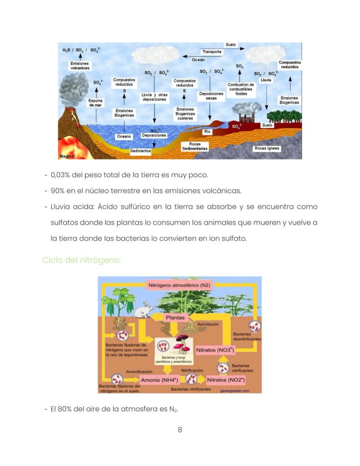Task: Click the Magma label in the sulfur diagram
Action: [x=67, y=156]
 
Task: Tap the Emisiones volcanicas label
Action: [x=80, y=66]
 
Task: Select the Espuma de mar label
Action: [x=96, y=103]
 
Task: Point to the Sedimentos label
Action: [x=141, y=151]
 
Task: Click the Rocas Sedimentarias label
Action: [x=194, y=146]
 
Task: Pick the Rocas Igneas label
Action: [x=267, y=148]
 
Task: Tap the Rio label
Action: [x=207, y=131]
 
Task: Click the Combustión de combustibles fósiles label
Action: [x=240, y=89]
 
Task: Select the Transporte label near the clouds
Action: [x=212, y=52]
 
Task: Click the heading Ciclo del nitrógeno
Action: [x=81, y=260]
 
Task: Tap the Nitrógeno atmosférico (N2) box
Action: [x=180, y=285]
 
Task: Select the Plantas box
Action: [x=175, y=318]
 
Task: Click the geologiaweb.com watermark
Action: [x=235, y=390]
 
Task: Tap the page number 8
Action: [x=180, y=429]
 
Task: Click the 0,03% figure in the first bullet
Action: [x=61, y=175]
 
